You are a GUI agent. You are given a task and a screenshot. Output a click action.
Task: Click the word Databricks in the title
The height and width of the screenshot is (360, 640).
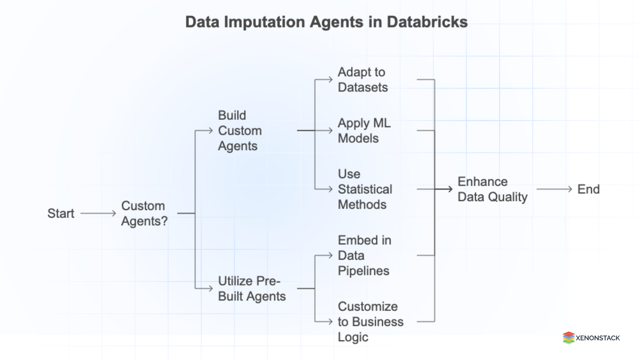click(427, 22)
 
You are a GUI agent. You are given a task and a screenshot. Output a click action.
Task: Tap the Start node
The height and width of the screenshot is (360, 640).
click(61, 213)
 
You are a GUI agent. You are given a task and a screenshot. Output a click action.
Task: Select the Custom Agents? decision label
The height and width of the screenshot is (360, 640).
click(144, 213)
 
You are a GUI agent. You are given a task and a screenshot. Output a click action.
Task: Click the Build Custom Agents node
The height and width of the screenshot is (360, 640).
click(240, 131)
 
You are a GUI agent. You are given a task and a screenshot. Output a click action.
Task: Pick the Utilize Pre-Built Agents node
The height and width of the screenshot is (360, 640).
click(252, 289)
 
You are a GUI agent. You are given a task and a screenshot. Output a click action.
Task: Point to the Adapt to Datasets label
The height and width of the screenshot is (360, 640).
click(363, 80)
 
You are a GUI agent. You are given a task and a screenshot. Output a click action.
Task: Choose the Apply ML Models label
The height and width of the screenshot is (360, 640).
click(364, 131)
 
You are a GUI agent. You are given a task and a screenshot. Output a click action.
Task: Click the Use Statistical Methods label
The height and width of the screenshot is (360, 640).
click(365, 189)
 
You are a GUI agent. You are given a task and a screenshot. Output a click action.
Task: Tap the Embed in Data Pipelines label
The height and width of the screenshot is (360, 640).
click(364, 256)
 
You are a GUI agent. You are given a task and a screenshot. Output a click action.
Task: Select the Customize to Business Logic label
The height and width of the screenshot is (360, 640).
click(370, 322)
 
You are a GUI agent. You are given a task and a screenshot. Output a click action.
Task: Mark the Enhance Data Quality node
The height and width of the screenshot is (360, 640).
click(492, 189)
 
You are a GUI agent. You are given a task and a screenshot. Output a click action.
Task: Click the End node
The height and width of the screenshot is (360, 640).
click(588, 189)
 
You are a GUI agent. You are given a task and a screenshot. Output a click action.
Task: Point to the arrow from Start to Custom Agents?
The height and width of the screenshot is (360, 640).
click(98, 213)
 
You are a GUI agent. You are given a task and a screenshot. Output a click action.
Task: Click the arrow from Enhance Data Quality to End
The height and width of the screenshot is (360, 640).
click(554, 189)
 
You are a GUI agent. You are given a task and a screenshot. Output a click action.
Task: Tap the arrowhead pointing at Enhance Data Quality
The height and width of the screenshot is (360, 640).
click(450, 189)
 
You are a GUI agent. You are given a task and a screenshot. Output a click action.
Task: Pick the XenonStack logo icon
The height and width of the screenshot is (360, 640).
click(568, 338)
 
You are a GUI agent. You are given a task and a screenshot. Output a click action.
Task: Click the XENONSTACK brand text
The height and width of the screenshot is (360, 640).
click(598, 338)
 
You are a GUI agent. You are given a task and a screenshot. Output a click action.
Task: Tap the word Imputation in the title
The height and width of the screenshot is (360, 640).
click(264, 22)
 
